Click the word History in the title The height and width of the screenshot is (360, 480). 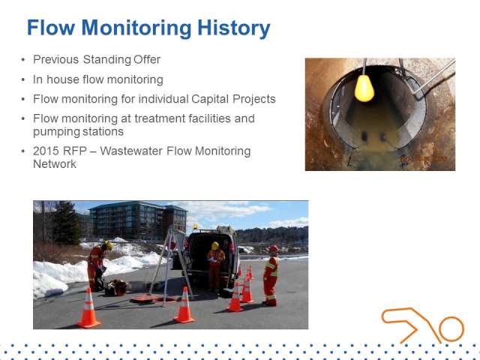tap(234, 28)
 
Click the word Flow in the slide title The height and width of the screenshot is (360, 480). tap(51, 28)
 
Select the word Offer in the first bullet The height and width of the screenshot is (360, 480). tap(147, 60)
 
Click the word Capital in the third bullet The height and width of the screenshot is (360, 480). tap(210, 99)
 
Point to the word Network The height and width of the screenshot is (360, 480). tap(55, 164)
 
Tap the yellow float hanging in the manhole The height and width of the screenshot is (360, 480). tap(364, 88)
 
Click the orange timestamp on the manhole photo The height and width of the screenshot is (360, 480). tap(424, 158)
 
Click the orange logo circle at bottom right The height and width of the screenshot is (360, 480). tap(451, 329)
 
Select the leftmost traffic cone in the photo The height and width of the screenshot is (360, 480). tap(88, 308)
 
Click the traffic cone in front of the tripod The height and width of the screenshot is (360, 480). tap(184, 305)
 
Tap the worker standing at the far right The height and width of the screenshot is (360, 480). tap(271, 275)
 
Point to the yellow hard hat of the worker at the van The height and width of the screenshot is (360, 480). tap(215, 246)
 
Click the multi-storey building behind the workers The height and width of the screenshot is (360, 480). tap(138, 220)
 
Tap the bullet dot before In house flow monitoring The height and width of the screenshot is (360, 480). tap(23, 80)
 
